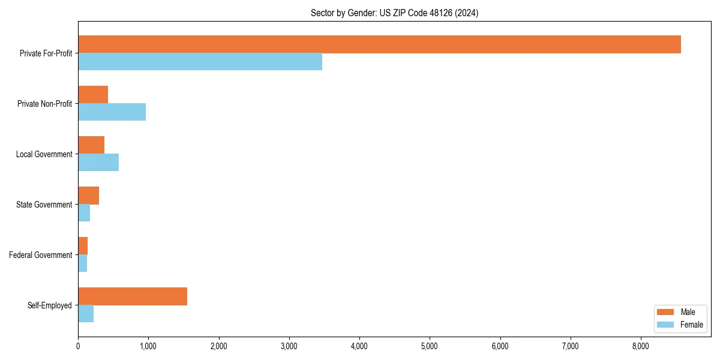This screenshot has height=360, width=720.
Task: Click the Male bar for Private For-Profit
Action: click(379, 44)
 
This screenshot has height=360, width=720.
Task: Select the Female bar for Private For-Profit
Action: click(200, 61)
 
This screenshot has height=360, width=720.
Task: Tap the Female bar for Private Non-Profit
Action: click(112, 112)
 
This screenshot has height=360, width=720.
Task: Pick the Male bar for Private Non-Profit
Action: click(93, 95)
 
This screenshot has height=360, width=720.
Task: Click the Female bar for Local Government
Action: click(98, 162)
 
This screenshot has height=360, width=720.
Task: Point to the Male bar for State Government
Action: click(88, 196)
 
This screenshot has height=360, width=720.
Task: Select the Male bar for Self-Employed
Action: click(133, 296)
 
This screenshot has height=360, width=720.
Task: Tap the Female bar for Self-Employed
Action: click(86, 313)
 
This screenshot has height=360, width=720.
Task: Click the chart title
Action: click(394, 13)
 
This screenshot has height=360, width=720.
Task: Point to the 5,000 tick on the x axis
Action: click(430, 346)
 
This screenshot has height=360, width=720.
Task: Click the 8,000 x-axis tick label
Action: click(641, 346)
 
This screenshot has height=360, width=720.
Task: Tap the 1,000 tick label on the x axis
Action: click(148, 346)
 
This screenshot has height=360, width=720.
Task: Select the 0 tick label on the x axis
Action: click(78, 346)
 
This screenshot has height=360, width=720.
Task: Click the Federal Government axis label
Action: click(41, 255)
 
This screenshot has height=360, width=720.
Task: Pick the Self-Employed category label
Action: click(50, 305)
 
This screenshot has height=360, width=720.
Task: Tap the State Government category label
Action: click(44, 205)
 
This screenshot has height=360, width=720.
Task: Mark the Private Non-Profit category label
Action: click(45, 104)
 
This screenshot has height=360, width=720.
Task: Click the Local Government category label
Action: click(44, 154)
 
